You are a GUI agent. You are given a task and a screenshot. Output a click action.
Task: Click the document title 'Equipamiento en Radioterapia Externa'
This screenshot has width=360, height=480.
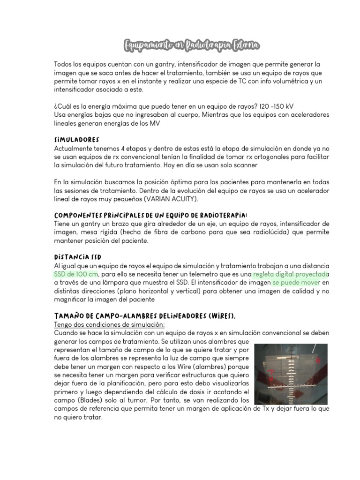pos(191,45)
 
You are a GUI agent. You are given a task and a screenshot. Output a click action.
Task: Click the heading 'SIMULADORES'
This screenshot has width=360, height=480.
pos(76,140)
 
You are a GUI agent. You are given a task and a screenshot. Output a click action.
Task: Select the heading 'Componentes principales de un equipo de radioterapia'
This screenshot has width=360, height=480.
pos(150,215)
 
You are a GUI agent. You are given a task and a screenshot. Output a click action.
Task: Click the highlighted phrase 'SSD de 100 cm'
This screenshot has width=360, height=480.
pos(76,274)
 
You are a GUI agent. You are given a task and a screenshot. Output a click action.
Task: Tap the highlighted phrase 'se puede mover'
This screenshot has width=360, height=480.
pos(296,283)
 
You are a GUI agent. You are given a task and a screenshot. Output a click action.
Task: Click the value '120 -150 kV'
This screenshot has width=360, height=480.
pos(274,106)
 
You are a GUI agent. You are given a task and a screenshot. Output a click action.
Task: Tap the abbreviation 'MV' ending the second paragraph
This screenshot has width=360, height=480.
pos(155,123)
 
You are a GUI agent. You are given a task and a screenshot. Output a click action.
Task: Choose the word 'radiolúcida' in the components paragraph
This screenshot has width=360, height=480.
pos(250,232)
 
